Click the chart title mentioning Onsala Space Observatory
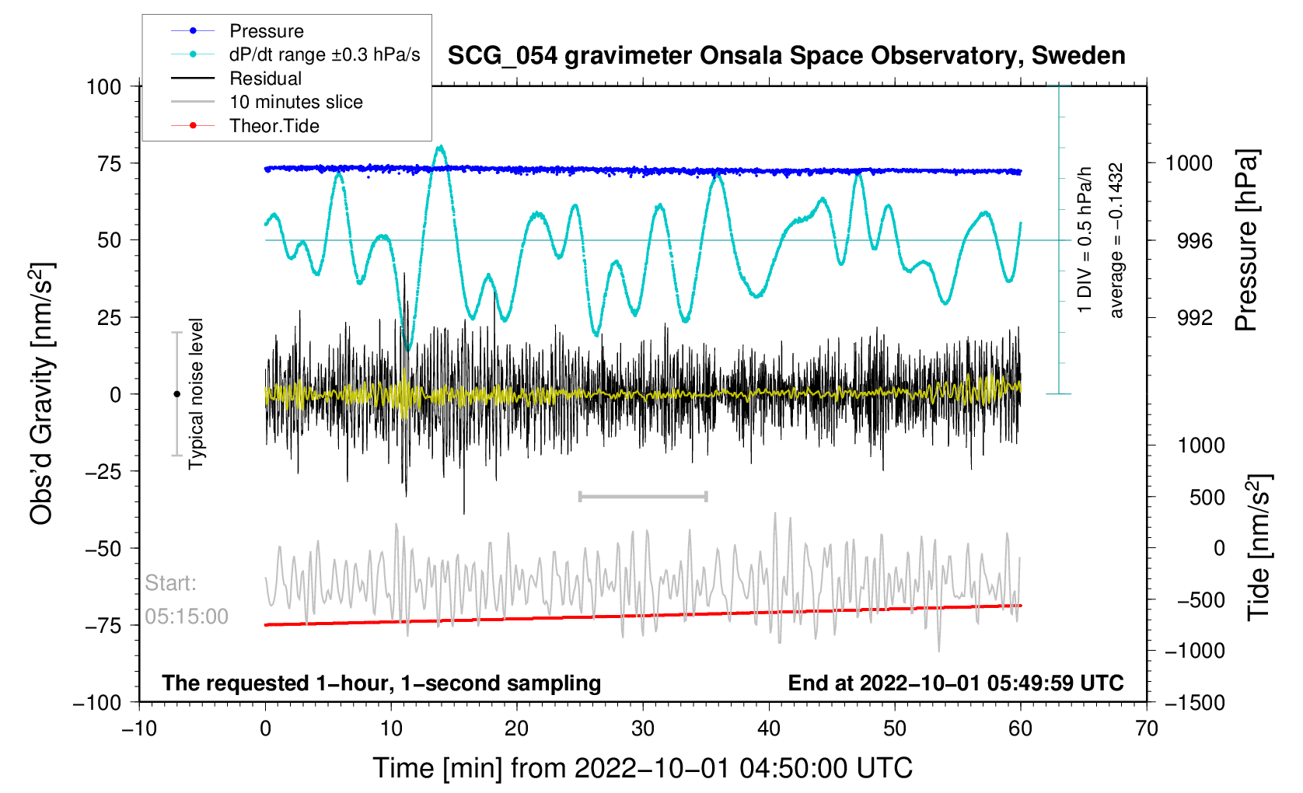point(786,56)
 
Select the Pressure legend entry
point(266,31)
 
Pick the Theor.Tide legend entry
point(274,126)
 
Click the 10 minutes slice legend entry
point(295,102)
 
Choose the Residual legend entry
point(265,79)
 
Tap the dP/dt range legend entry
point(324,54)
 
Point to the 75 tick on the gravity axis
point(110,163)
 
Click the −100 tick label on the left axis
point(97,703)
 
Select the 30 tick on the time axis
point(643,728)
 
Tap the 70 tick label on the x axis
point(1147,728)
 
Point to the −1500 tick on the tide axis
point(1194,703)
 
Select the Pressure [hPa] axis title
point(1246,241)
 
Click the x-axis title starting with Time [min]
point(642,768)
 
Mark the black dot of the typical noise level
point(176,394)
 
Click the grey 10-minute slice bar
point(643,496)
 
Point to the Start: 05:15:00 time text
point(187,600)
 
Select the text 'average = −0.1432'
point(1116,240)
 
